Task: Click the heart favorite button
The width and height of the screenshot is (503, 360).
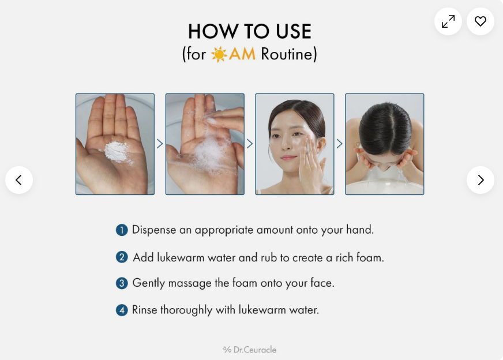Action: pyautogui.click(x=481, y=21)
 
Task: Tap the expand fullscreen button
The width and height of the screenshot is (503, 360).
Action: pyautogui.click(x=448, y=21)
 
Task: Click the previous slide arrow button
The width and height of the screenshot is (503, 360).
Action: pyautogui.click(x=19, y=180)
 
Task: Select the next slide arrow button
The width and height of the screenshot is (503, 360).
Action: pyautogui.click(x=481, y=180)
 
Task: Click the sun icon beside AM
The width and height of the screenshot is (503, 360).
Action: pyautogui.click(x=219, y=54)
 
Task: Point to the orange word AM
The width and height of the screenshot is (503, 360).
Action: pyautogui.click(x=242, y=54)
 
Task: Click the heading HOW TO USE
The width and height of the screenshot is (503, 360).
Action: pyautogui.click(x=250, y=32)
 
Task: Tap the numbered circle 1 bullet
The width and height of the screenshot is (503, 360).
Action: pyautogui.click(x=122, y=230)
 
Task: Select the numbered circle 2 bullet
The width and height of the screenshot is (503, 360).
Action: pyautogui.click(x=122, y=257)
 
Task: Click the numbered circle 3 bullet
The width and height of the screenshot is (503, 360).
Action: pyautogui.click(x=122, y=283)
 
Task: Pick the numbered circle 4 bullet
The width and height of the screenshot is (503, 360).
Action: pyautogui.click(x=122, y=310)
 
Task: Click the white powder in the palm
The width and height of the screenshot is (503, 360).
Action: pyautogui.click(x=117, y=152)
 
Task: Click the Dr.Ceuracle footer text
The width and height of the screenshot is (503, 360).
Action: pyautogui.click(x=250, y=350)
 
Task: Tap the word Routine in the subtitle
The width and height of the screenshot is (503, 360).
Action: pyautogui.click(x=287, y=54)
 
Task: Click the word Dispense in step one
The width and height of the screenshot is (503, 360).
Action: pyautogui.click(x=154, y=230)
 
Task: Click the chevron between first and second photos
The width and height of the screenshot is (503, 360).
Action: pyautogui.click(x=160, y=144)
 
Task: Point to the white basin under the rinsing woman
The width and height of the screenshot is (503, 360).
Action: pyautogui.click(x=384, y=187)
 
